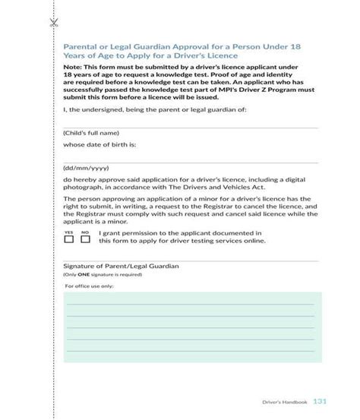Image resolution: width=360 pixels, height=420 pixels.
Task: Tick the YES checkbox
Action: (68, 239)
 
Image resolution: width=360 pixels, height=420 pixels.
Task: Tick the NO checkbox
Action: (85, 239)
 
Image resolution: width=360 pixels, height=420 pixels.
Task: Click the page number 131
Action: (320, 401)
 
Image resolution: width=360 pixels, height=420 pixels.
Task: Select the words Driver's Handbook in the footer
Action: (284, 402)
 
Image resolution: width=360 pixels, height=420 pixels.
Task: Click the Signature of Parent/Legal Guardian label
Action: (110, 267)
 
